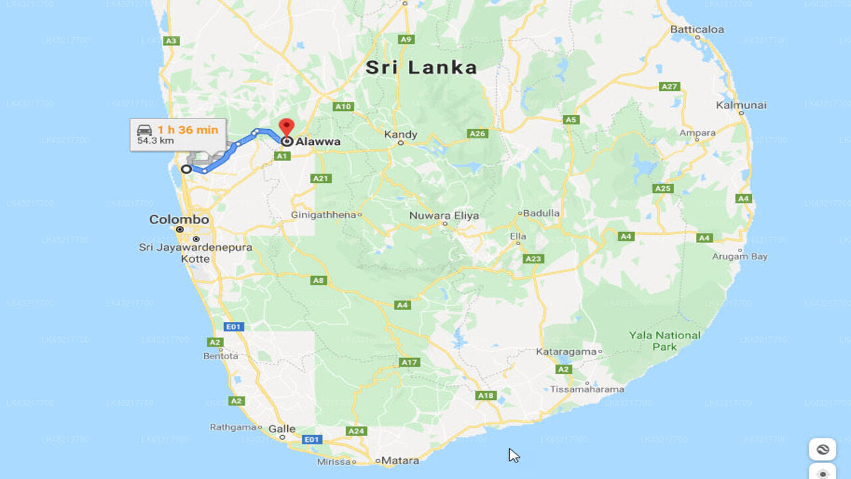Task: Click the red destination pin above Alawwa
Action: [x=287, y=126]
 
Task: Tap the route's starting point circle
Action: [x=186, y=169]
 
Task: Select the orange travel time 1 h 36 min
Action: [x=187, y=130]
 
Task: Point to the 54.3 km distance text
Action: [x=156, y=141]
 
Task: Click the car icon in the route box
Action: [x=144, y=130]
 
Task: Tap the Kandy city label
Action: [x=401, y=134]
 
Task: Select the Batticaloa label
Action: [x=697, y=29]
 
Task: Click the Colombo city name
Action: [x=179, y=220]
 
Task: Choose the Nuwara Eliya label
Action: [x=443, y=216]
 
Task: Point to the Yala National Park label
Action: [x=665, y=341]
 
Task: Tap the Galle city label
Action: [x=282, y=429]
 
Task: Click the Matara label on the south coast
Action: [x=401, y=460]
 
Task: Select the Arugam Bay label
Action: [x=739, y=256]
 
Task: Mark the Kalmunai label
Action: [x=741, y=105]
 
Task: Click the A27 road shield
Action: [x=669, y=86]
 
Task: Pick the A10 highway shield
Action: [x=343, y=106]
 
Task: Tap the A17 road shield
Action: [x=410, y=363]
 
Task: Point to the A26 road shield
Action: [x=478, y=134]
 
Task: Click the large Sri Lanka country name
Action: [x=422, y=67]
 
